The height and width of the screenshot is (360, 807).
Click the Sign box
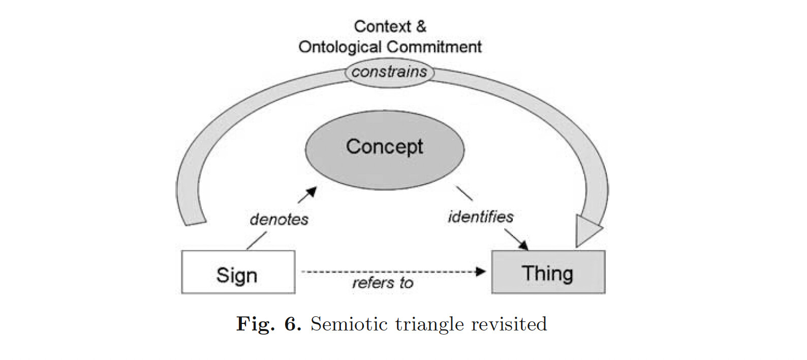pos(238,273)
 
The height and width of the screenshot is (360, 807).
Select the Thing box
pos(548,273)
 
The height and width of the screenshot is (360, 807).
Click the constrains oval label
pos(389,72)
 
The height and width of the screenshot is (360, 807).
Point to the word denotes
pos(279,219)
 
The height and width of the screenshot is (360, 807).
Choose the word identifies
pos(480,217)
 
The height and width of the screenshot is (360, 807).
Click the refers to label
pos(383,283)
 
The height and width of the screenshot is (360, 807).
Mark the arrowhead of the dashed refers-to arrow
pos(481,272)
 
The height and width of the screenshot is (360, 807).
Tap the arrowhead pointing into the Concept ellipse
pos(312,192)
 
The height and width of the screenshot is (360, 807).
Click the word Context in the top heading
pos(376,26)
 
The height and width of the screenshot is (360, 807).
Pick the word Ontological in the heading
pos(339,47)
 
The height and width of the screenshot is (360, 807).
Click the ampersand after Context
pos(420,26)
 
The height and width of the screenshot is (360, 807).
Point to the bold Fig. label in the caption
pos(255,324)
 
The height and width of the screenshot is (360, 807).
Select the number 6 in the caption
pos(292,324)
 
